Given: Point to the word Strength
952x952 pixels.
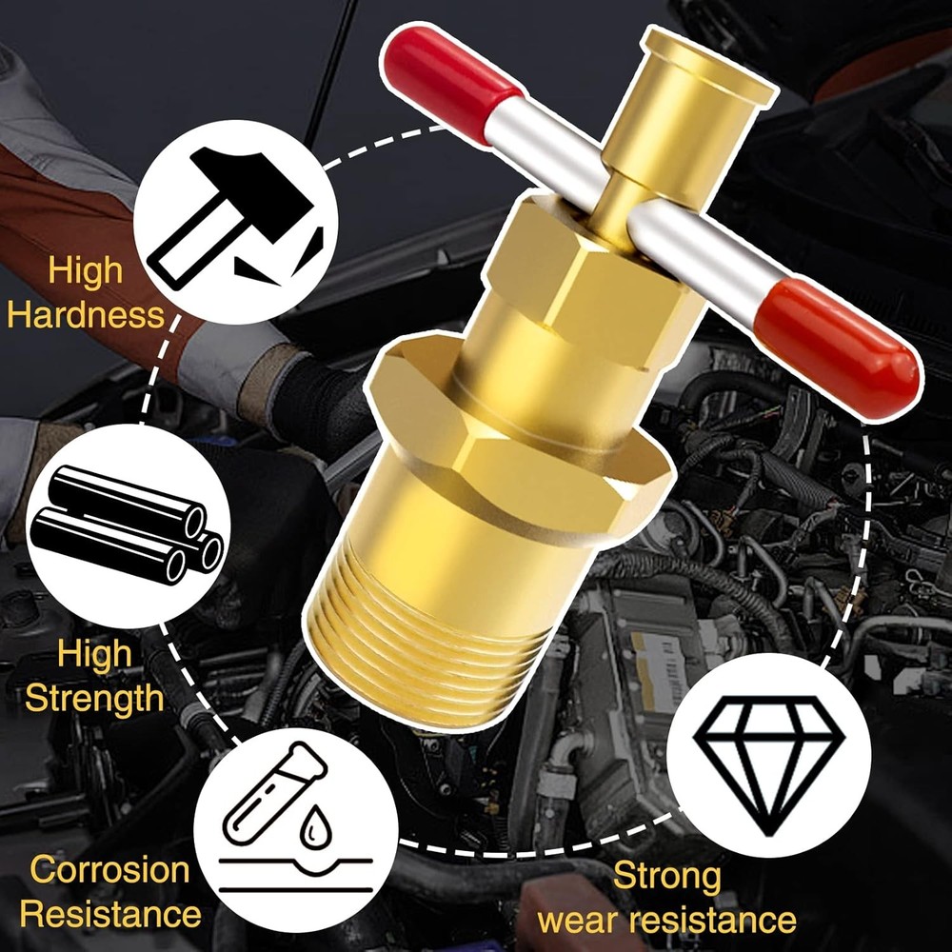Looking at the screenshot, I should point(94,698).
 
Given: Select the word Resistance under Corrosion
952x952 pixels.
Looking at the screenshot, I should point(110,915).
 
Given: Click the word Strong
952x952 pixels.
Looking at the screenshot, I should point(666,875).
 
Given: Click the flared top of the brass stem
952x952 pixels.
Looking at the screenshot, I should point(710,63).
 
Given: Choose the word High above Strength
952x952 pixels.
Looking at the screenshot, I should point(94,654).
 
